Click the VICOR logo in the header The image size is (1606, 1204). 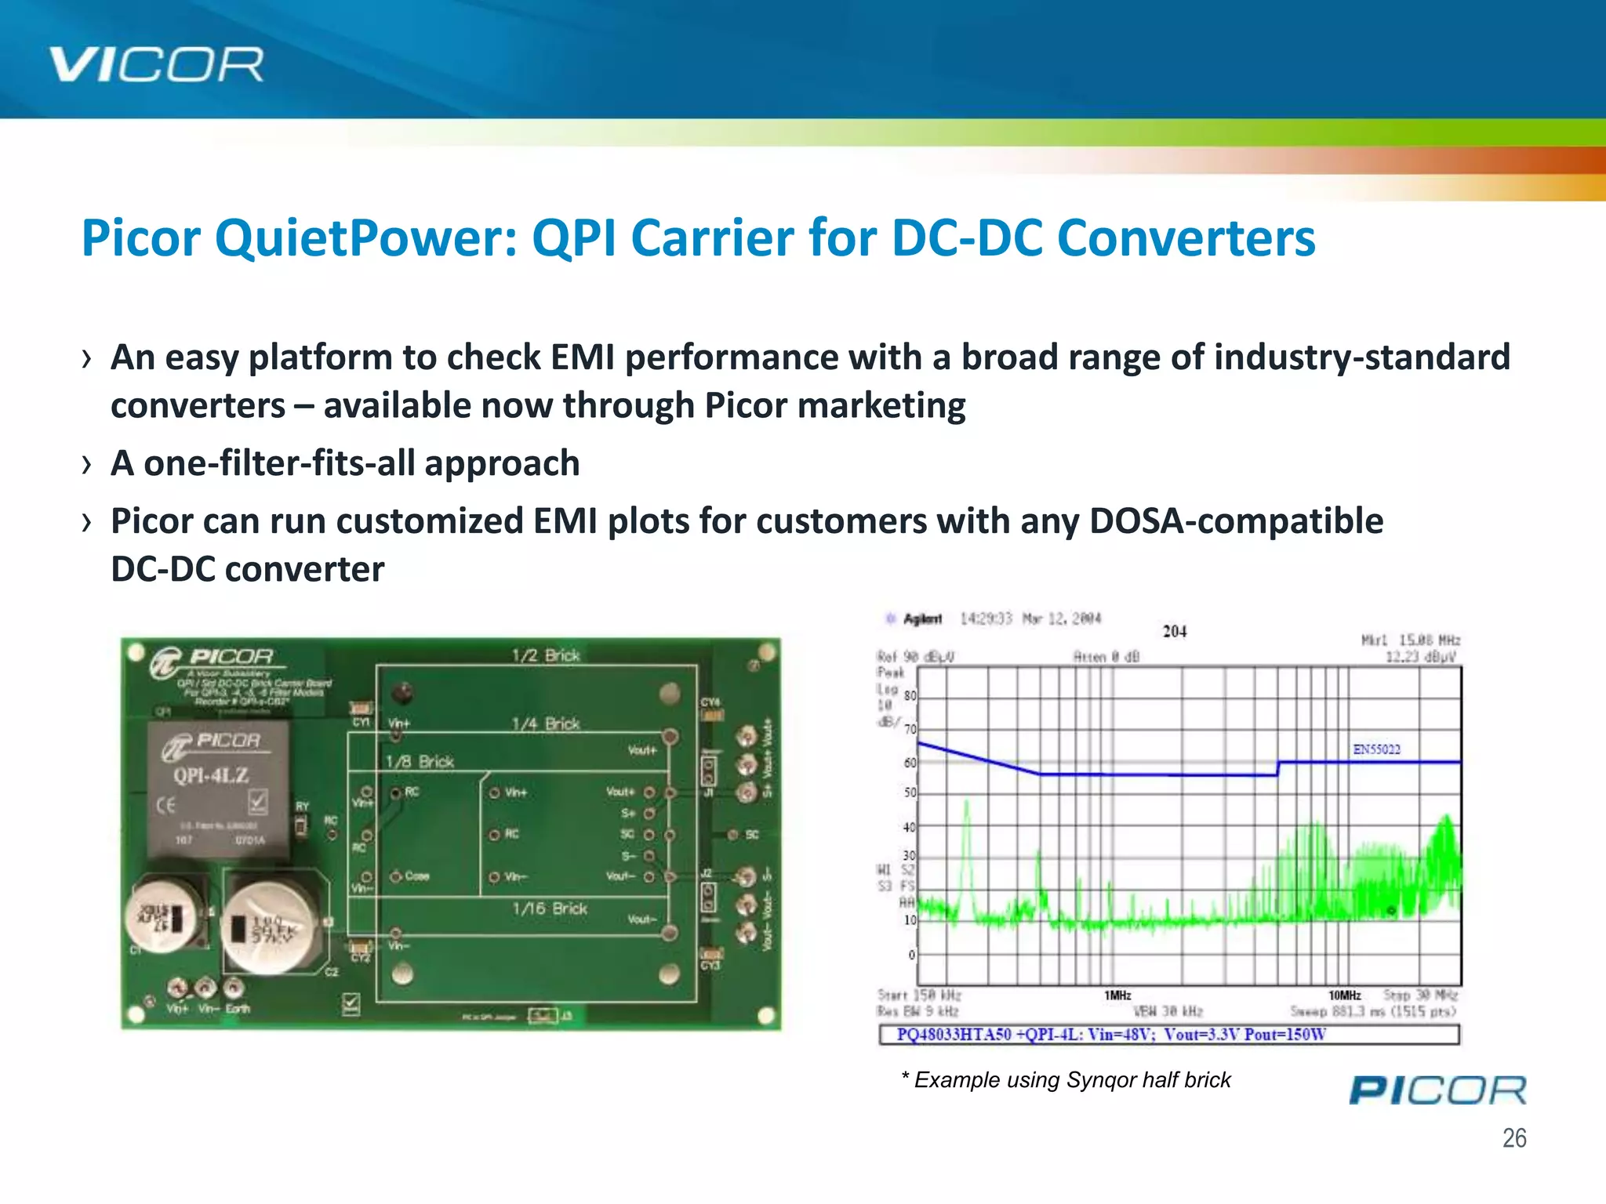pyautogui.click(x=156, y=64)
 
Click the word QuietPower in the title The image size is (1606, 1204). pyautogui.click(x=366, y=238)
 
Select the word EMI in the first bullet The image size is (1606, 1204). pyautogui.click(x=582, y=357)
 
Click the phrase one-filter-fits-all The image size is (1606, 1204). pyautogui.click(x=279, y=463)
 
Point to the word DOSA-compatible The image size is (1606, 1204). pyautogui.click(x=1236, y=521)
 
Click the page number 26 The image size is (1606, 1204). pyautogui.click(x=1513, y=1137)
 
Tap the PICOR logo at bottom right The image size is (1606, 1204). pyautogui.click(x=1437, y=1090)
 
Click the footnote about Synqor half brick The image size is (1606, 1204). pyautogui.click(x=1066, y=1080)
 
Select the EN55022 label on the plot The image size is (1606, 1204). pyautogui.click(x=1376, y=749)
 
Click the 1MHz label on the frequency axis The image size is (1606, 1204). pyautogui.click(x=1117, y=995)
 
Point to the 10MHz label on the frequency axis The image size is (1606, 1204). pyautogui.click(x=1344, y=995)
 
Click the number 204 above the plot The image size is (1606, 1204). pyautogui.click(x=1174, y=632)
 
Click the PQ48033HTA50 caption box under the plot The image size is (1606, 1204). pyautogui.click(x=1168, y=1035)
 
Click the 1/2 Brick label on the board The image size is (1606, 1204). pyautogui.click(x=546, y=655)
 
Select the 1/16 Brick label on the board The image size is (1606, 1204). pyautogui.click(x=550, y=908)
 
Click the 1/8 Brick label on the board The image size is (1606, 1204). pyautogui.click(x=420, y=762)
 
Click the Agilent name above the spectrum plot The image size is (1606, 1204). pyautogui.click(x=922, y=619)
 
